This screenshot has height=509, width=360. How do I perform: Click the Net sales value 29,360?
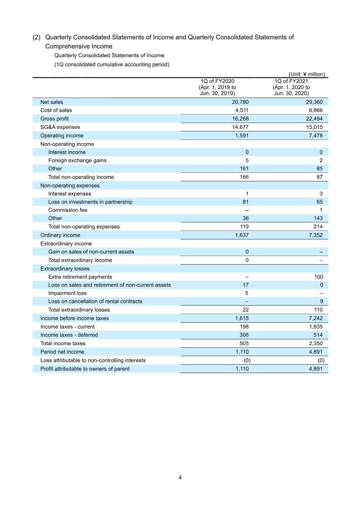(x=313, y=102)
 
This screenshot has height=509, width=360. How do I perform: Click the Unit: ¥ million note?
(x=306, y=74)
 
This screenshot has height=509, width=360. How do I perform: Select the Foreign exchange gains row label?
(x=77, y=160)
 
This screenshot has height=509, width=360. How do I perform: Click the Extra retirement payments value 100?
(x=318, y=277)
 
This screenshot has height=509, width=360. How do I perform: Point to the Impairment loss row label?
(x=67, y=293)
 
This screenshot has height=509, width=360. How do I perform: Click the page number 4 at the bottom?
(x=180, y=477)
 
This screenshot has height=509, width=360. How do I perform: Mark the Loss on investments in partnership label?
(x=90, y=202)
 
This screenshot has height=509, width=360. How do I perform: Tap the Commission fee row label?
(x=67, y=210)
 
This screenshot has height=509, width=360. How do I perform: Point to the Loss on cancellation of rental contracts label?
(x=95, y=302)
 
